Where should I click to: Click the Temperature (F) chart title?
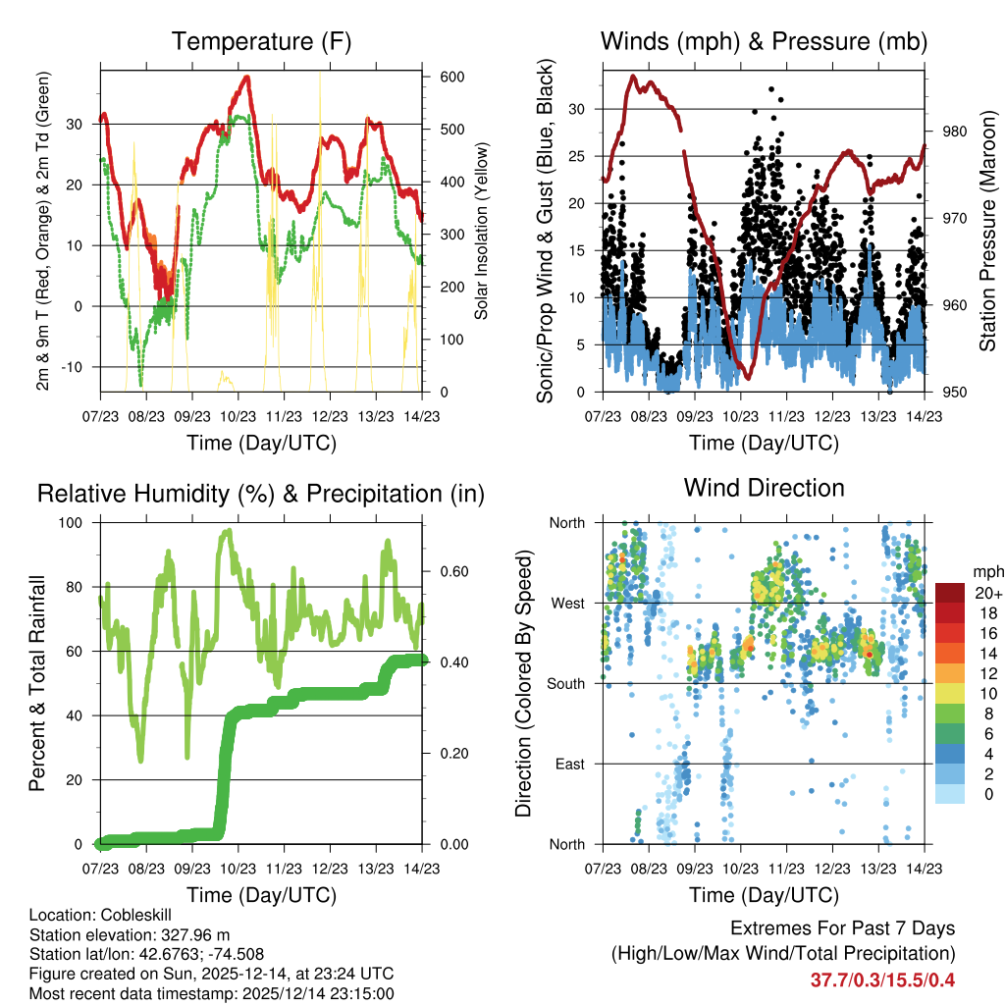point(261,42)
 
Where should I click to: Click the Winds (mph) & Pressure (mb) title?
point(764,42)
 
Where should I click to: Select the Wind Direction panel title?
point(764,488)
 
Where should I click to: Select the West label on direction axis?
point(568,603)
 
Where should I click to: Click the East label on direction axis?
point(569,764)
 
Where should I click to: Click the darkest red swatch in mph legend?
point(949,592)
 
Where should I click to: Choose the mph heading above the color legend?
point(986,571)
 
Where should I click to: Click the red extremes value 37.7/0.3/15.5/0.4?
point(882,979)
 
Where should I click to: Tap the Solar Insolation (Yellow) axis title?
point(482,232)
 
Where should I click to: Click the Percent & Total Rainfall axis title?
point(38,683)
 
